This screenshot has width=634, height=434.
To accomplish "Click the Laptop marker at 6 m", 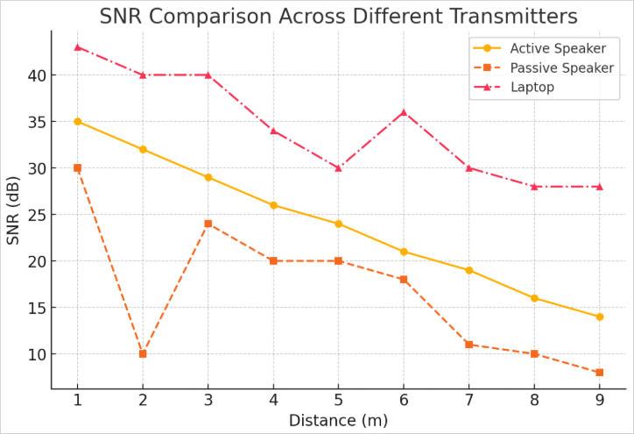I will tap(404, 112).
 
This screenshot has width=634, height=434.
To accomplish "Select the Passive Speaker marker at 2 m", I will tap(143, 353).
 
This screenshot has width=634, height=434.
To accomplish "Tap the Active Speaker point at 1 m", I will tap(77, 121).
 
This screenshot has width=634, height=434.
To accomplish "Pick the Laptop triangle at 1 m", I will tap(77, 46).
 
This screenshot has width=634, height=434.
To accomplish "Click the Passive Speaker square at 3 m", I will tap(208, 224).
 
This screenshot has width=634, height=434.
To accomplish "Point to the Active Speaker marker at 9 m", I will tap(599, 317).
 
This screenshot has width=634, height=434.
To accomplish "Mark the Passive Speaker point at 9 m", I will tap(599, 373).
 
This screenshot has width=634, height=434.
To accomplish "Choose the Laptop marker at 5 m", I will tap(338, 167).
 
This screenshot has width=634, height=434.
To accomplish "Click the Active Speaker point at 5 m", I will tap(338, 224).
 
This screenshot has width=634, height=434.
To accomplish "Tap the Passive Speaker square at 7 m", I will tap(468, 345).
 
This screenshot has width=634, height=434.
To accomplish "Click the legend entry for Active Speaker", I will tap(557, 48).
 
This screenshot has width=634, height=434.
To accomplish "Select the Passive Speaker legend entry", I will tap(560, 68).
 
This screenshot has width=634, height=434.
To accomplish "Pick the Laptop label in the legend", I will tap(532, 87).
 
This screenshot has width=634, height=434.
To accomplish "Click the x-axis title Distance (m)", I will tap(338, 420).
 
